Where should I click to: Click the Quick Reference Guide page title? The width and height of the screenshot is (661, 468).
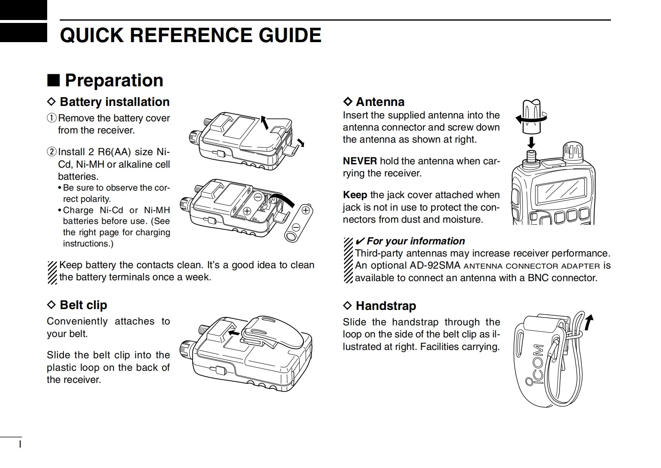pyautogui.click(x=190, y=35)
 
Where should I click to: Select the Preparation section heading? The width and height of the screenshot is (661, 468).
pyautogui.click(x=114, y=80)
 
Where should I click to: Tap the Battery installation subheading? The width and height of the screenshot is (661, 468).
pyautogui.click(x=114, y=102)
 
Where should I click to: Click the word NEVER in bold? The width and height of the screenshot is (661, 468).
pyautogui.click(x=360, y=161)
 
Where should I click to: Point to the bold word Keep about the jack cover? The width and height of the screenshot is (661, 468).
pyautogui.click(x=355, y=195)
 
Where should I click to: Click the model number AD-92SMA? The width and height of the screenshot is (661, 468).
pyautogui.click(x=435, y=266)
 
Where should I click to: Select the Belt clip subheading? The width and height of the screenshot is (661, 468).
pyautogui.click(x=83, y=305)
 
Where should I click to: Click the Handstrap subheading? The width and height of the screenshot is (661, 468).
pyautogui.click(x=385, y=306)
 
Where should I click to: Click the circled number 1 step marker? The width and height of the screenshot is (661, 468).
pyautogui.click(x=51, y=118)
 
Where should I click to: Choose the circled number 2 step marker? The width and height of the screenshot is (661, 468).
pyautogui.click(x=51, y=151)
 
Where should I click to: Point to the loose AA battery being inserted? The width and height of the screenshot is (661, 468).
pyautogui.click(x=298, y=223)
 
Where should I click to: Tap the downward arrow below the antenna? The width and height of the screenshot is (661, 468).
pyautogui.click(x=531, y=142)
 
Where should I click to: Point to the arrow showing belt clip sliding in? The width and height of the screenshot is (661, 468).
pyautogui.click(x=235, y=333)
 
